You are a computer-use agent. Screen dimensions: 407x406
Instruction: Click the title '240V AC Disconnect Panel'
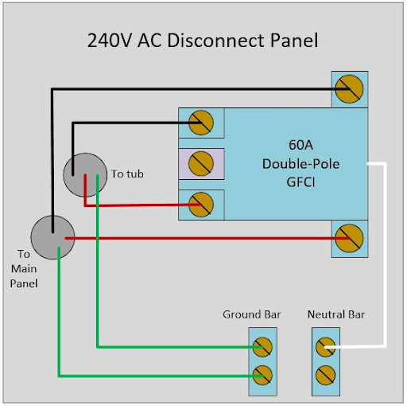[x=203, y=41]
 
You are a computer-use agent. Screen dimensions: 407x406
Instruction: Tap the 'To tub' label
[x=127, y=174]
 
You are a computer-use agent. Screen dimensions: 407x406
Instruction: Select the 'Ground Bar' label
[x=252, y=314]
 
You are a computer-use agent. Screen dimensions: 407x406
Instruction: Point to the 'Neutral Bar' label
[x=336, y=314]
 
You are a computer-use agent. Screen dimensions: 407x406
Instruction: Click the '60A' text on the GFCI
[x=300, y=145]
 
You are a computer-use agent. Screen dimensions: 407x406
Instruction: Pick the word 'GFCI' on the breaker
[x=300, y=182]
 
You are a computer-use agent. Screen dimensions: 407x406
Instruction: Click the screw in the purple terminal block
[x=201, y=164]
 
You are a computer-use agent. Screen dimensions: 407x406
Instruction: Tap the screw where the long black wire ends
[x=349, y=89]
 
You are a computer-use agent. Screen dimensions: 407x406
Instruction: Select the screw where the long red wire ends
[x=349, y=238]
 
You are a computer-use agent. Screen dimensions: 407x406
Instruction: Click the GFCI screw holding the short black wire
[x=201, y=123]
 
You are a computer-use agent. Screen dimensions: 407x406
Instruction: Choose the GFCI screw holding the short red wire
[x=201, y=205]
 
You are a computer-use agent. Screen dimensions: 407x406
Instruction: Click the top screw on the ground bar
[x=262, y=347]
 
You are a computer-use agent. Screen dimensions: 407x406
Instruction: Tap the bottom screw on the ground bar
[x=262, y=375]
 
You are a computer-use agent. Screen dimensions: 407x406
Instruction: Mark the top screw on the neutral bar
[x=326, y=347]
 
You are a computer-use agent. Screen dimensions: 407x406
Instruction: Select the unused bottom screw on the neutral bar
[x=326, y=375]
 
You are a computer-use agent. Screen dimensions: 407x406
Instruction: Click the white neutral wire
[x=386, y=255]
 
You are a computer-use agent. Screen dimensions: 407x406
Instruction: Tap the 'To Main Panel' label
[x=24, y=269]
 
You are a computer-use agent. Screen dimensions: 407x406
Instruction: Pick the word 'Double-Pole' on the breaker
[x=300, y=164]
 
